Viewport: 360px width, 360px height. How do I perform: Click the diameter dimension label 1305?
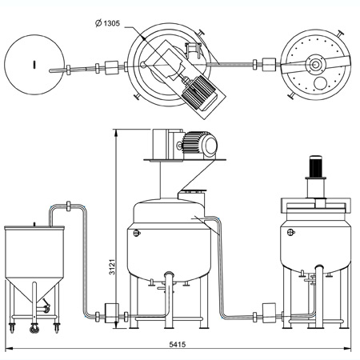111,23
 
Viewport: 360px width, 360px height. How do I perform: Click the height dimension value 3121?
112,266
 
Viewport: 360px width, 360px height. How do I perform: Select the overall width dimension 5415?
178,344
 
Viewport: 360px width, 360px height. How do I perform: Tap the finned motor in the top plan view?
198,92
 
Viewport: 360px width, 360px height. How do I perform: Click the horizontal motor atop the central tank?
199,146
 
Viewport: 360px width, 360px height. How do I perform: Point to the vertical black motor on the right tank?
315,166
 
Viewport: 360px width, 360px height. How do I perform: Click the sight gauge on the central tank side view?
137,234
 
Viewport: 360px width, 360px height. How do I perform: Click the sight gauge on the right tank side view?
290,232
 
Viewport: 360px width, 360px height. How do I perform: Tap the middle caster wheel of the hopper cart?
34,328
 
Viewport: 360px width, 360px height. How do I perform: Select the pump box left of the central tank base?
112,313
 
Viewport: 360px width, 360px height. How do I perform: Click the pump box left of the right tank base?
269,313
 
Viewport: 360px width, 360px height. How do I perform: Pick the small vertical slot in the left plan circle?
34,64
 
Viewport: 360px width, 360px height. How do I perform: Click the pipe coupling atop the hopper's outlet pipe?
69,206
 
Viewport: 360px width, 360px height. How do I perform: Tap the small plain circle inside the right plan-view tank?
320,83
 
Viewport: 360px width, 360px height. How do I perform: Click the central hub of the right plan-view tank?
316,64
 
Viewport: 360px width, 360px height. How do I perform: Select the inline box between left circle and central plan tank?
111,68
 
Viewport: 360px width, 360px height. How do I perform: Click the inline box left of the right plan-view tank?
269,65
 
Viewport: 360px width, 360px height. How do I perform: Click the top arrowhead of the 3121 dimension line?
116,133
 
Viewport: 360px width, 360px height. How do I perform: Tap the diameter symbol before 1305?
98,23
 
